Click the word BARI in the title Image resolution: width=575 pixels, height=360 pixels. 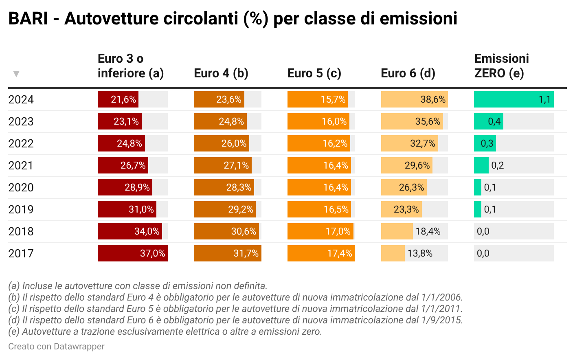[x=28, y=18]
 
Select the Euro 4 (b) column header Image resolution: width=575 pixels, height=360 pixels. [x=221, y=73]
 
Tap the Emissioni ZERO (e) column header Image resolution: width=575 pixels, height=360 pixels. [x=501, y=66]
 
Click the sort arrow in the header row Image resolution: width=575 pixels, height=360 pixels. [x=16, y=74]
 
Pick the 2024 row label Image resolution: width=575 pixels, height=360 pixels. [x=21, y=100]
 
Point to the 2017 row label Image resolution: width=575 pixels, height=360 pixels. [x=21, y=254]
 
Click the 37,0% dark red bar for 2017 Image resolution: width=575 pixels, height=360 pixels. [x=133, y=253]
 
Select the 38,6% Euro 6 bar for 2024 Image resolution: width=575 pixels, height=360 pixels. [x=414, y=99]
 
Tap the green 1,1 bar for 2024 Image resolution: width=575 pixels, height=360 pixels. [x=514, y=99]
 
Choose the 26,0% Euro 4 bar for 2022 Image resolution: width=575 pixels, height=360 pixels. [x=221, y=143]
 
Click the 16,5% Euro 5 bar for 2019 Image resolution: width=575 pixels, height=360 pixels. [x=319, y=209]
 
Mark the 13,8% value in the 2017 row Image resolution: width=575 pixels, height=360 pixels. [x=420, y=253]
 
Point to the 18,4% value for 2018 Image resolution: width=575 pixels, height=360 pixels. [x=428, y=231]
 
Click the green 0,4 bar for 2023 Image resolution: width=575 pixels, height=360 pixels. [x=489, y=121]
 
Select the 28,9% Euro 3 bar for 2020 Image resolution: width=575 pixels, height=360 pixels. [x=125, y=187]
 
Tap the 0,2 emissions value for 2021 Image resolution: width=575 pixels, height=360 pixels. [x=497, y=165]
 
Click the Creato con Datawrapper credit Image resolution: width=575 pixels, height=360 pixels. [x=56, y=347]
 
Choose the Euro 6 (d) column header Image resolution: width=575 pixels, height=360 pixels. [x=408, y=73]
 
